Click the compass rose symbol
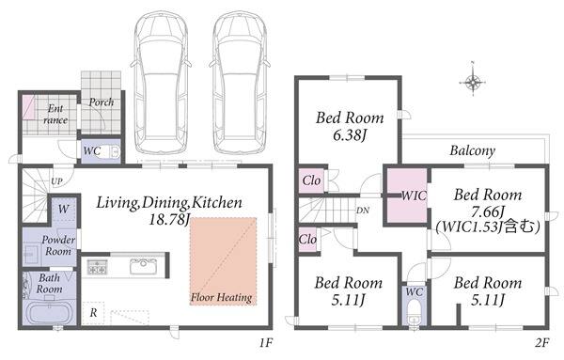pos(473,83)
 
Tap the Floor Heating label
pos(221,297)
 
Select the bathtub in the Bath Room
pos(49,312)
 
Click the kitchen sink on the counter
pos(143,267)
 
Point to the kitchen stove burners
pos(97,267)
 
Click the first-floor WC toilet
pos(113,152)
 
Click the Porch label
pos(102,102)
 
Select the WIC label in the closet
pos(414,196)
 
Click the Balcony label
pos(472,150)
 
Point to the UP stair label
pos(56,181)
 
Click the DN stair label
pos(363,211)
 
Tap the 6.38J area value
pos(350,135)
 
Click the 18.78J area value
pos(168,219)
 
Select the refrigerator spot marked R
pos(93,313)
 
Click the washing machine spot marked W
pos(63,209)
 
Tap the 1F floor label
pos(266,343)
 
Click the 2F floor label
pos(541,343)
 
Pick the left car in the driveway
pos(161,83)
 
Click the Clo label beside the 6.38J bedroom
pos(311,180)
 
